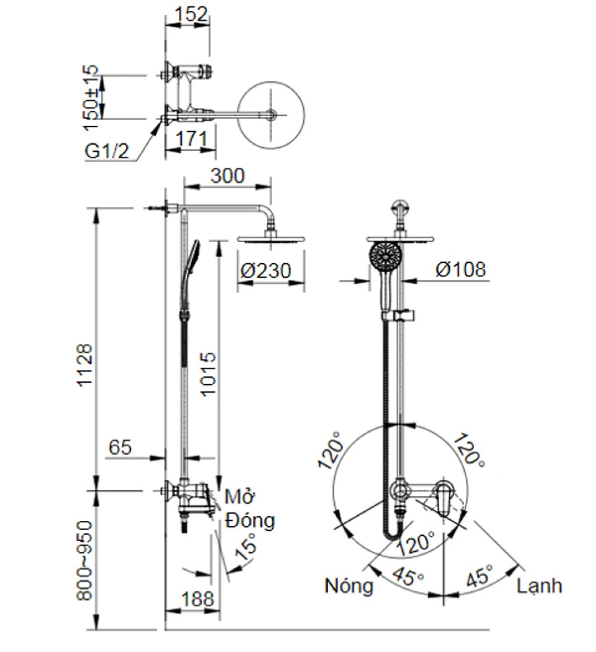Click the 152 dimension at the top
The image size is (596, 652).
coord(189,14)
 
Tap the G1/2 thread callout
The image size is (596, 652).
coord(107,152)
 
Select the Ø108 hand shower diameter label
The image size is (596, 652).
coord(460,269)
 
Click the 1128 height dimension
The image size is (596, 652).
coord(86,366)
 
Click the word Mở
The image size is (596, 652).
coord(239,496)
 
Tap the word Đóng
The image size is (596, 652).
coord(250,521)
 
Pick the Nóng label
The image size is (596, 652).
coord(348,586)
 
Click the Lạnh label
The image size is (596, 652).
coord(539,586)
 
